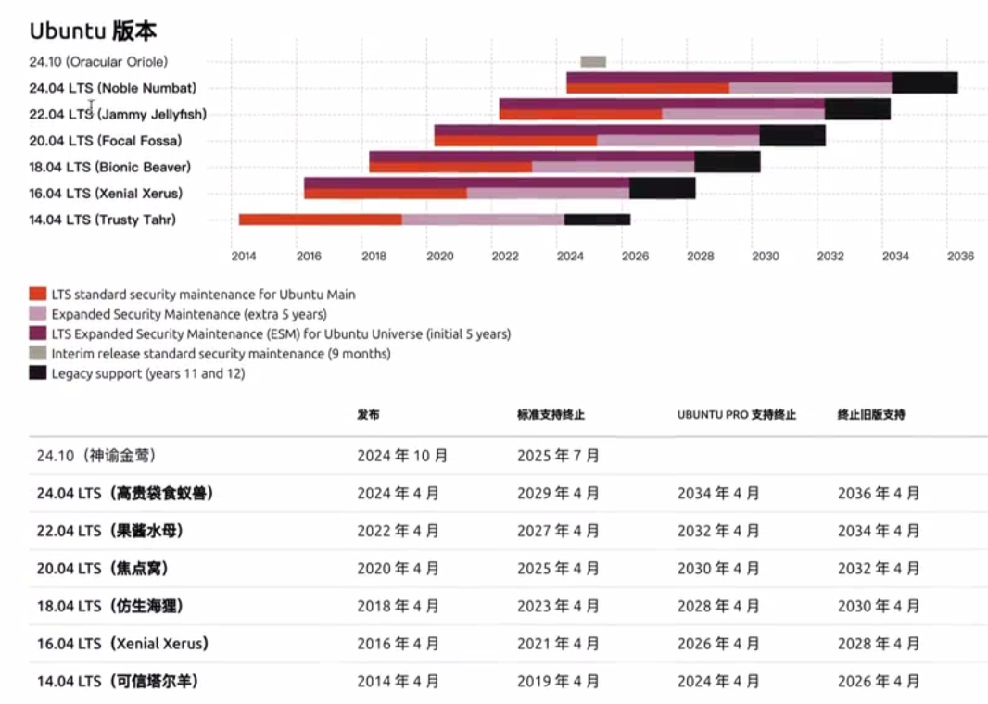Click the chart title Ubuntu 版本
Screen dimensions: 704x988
pyautogui.click(x=93, y=31)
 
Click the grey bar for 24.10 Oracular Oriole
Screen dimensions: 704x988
pyautogui.click(x=593, y=61)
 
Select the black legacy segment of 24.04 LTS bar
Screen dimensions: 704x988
pyautogui.click(x=924, y=82)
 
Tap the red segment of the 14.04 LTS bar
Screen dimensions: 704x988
pyautogui.click(x=321, y=220)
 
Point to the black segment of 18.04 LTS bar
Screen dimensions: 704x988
pyautogui.click(x=727, y=162)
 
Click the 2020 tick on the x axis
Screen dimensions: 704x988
pyautogui.click(x=440, y=256)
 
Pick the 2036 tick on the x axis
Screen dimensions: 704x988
pyautogui.click(x=961, y=256)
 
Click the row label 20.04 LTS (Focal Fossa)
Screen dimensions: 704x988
pyautogui.click(x=105, y=141)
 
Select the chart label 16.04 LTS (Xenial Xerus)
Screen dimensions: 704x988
pyautogui.click(x=106, y=194)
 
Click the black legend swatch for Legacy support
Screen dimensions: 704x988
pyautogui.click(x=38, y=373)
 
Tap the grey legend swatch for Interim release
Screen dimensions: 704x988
pyautogui.click(x=38, y=354)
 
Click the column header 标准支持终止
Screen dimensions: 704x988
pyautogui.click(x=551, y=415)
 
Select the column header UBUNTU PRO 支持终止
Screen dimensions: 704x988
pyautogui.click(x=736, y=415)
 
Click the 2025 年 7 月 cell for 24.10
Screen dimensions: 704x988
pyautogui.click(x=558, y=456)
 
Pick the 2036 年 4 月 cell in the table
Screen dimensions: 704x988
pyautogui.click(x=879, y=494)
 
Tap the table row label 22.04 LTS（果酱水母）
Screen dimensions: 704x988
pyautogui.click(x=109, y=531)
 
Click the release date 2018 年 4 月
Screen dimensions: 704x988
pyautogui.click(x=398, y=606)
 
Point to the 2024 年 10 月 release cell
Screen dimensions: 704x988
pyautogui.click(x=402, y=456)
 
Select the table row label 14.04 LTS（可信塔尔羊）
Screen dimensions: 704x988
pyautogui.click(x=117, y=681)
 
